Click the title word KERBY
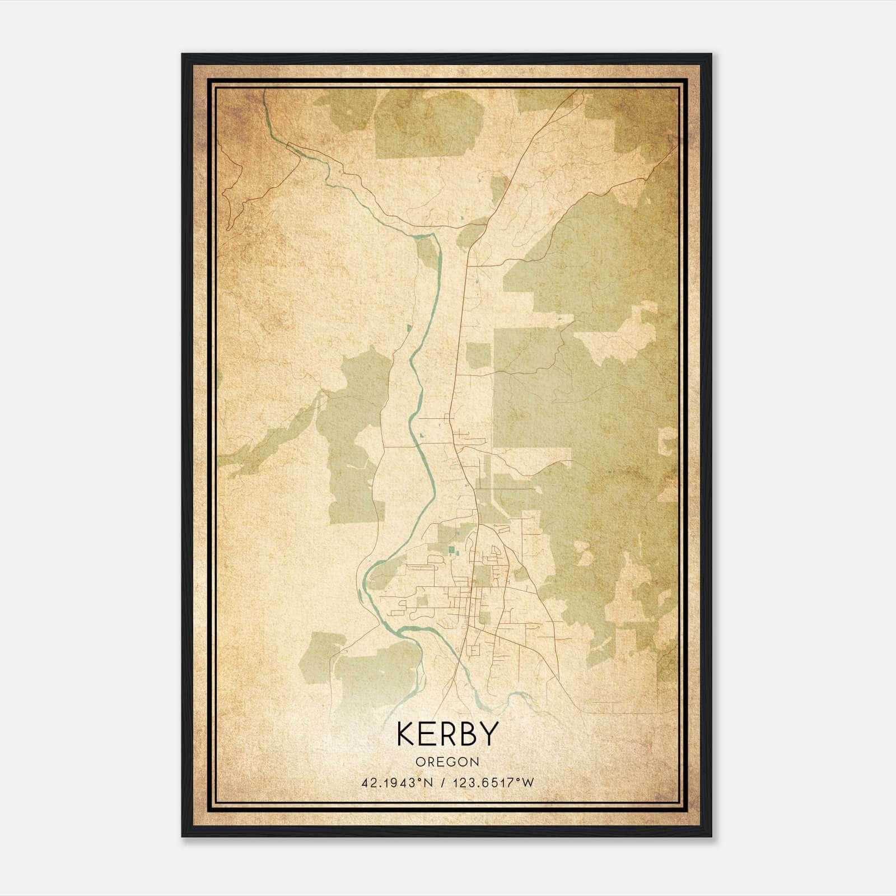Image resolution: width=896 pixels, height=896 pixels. tap(447, 734)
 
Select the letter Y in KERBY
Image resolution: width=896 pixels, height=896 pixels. tap(488, 734)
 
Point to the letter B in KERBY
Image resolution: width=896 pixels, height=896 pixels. tap(467, 734)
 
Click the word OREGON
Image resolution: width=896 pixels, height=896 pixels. tap(447, 762)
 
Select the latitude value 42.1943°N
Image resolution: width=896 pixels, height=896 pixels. tap(398, 783)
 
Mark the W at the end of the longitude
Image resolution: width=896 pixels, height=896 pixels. tap(528, 783)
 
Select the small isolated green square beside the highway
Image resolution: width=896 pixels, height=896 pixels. tap(478, 356)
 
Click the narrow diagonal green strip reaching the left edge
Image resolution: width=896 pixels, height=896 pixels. tap(269, 437)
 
